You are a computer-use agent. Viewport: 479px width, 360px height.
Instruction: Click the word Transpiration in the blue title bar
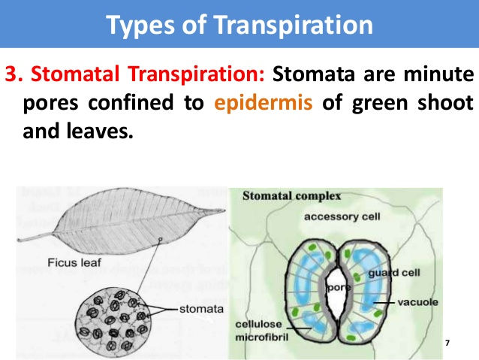click(x=293, y=25)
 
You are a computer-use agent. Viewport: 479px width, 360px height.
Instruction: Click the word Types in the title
click(x=140, y=26)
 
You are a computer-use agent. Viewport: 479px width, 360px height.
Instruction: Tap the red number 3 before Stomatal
click(x=11, y=74)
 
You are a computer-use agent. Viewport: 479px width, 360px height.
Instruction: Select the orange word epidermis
click(x=264, y=103)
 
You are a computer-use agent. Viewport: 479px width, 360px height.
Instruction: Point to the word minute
click(x=438, y=74)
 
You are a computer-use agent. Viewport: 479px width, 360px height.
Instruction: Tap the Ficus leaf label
click(x=74, y=263)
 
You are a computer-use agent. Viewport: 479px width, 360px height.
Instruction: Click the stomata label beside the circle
click(x=201, y=309)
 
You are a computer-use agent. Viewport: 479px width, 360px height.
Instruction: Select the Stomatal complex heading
click(x=291, y=195)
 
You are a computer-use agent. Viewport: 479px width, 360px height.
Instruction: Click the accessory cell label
click(x=342, y=216)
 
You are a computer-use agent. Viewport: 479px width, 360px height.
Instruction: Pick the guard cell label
click(x=394, y=273)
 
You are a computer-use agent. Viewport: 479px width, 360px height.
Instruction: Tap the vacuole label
click(x=417, y=302)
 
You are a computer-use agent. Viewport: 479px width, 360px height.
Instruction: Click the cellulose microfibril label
click(x=261, y=331)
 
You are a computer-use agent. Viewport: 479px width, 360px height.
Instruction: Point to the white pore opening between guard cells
click(x=338, y=294)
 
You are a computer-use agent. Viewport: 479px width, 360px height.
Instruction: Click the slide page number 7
click(x=447, y=343)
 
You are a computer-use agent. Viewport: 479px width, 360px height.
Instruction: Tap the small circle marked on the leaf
click(x=160, y=239)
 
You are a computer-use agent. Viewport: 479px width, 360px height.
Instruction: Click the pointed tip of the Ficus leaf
click(x=224, y=210)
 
